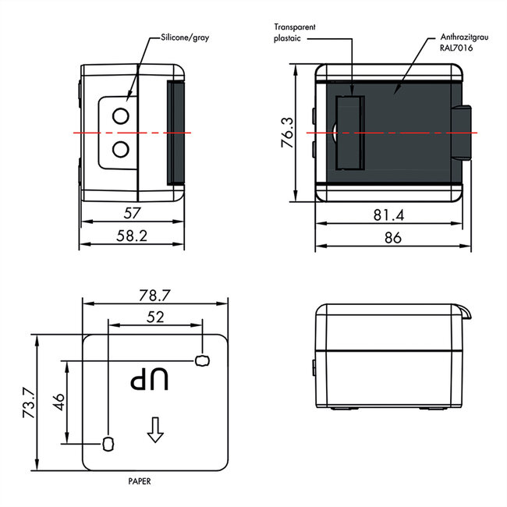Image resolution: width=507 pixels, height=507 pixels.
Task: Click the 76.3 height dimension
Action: point(287,133)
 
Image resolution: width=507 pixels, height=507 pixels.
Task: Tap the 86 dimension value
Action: point(392,238)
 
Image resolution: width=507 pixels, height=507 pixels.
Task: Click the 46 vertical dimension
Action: point(57,402)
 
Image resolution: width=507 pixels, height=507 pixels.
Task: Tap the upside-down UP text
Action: point(149,380)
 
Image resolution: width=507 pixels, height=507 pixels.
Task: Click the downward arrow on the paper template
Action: point(154,428)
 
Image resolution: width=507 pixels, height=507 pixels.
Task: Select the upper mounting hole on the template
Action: point(203,360)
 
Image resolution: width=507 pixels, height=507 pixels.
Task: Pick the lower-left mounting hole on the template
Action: point(108,444)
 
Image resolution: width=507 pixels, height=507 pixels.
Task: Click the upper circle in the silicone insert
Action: point(121,116)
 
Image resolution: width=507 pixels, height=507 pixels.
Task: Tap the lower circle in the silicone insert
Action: point(121,147)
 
